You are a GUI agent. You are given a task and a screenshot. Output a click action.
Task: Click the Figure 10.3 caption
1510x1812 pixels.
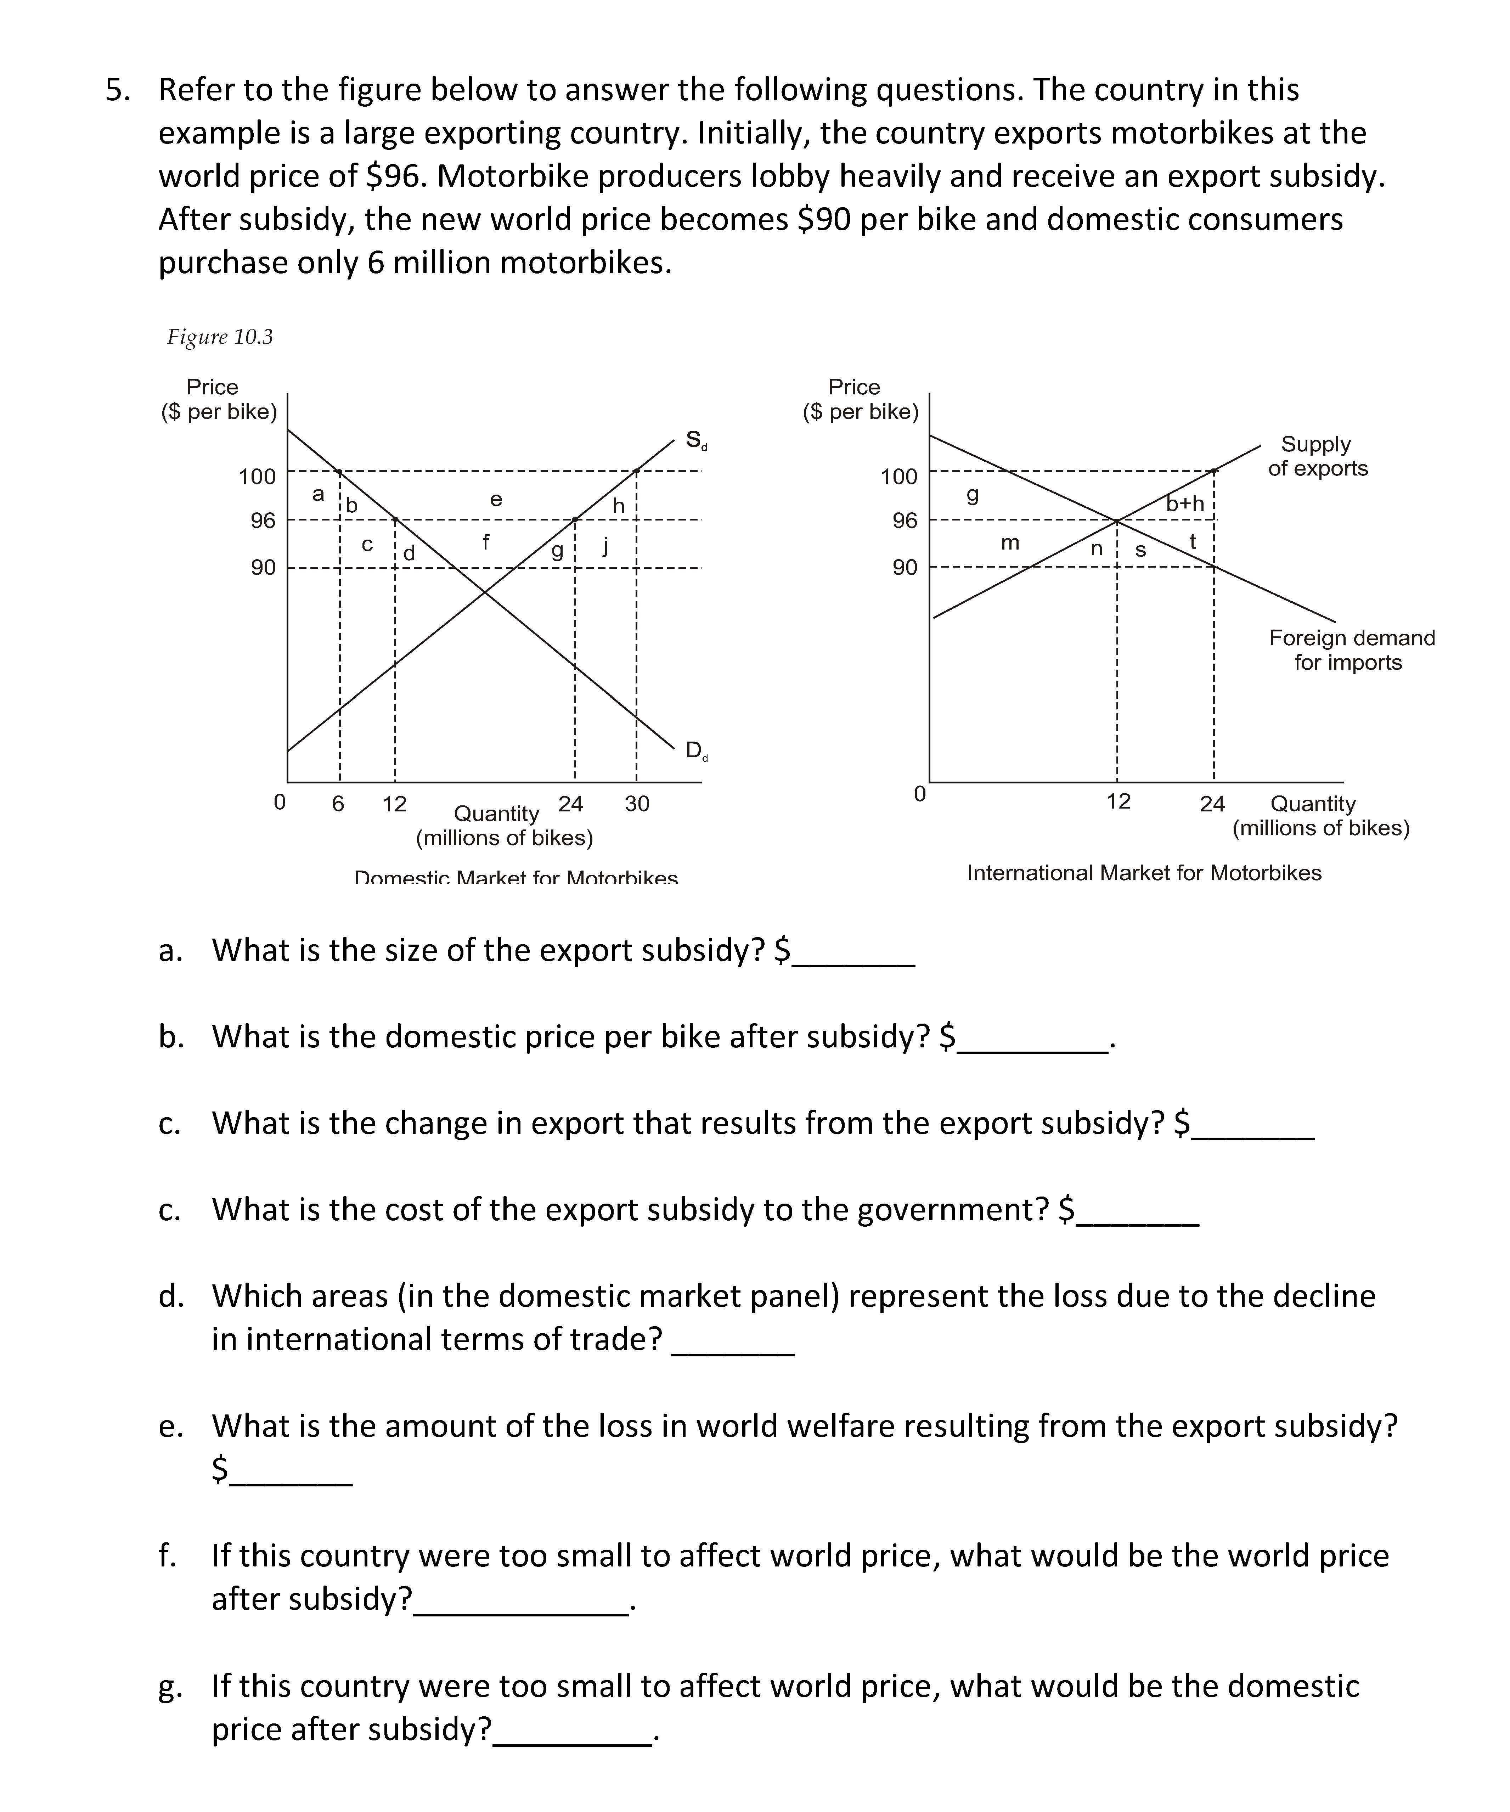coord(220,337)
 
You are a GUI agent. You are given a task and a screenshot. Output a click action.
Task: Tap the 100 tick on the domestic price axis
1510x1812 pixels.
coord(257,476)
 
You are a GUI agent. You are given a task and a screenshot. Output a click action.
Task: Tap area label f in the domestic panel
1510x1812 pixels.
coord(486,542)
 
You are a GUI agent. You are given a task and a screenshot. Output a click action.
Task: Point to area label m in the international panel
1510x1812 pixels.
coord(1009,543)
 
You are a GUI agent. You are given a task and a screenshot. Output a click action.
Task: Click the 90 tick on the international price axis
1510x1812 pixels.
coord(904,568)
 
